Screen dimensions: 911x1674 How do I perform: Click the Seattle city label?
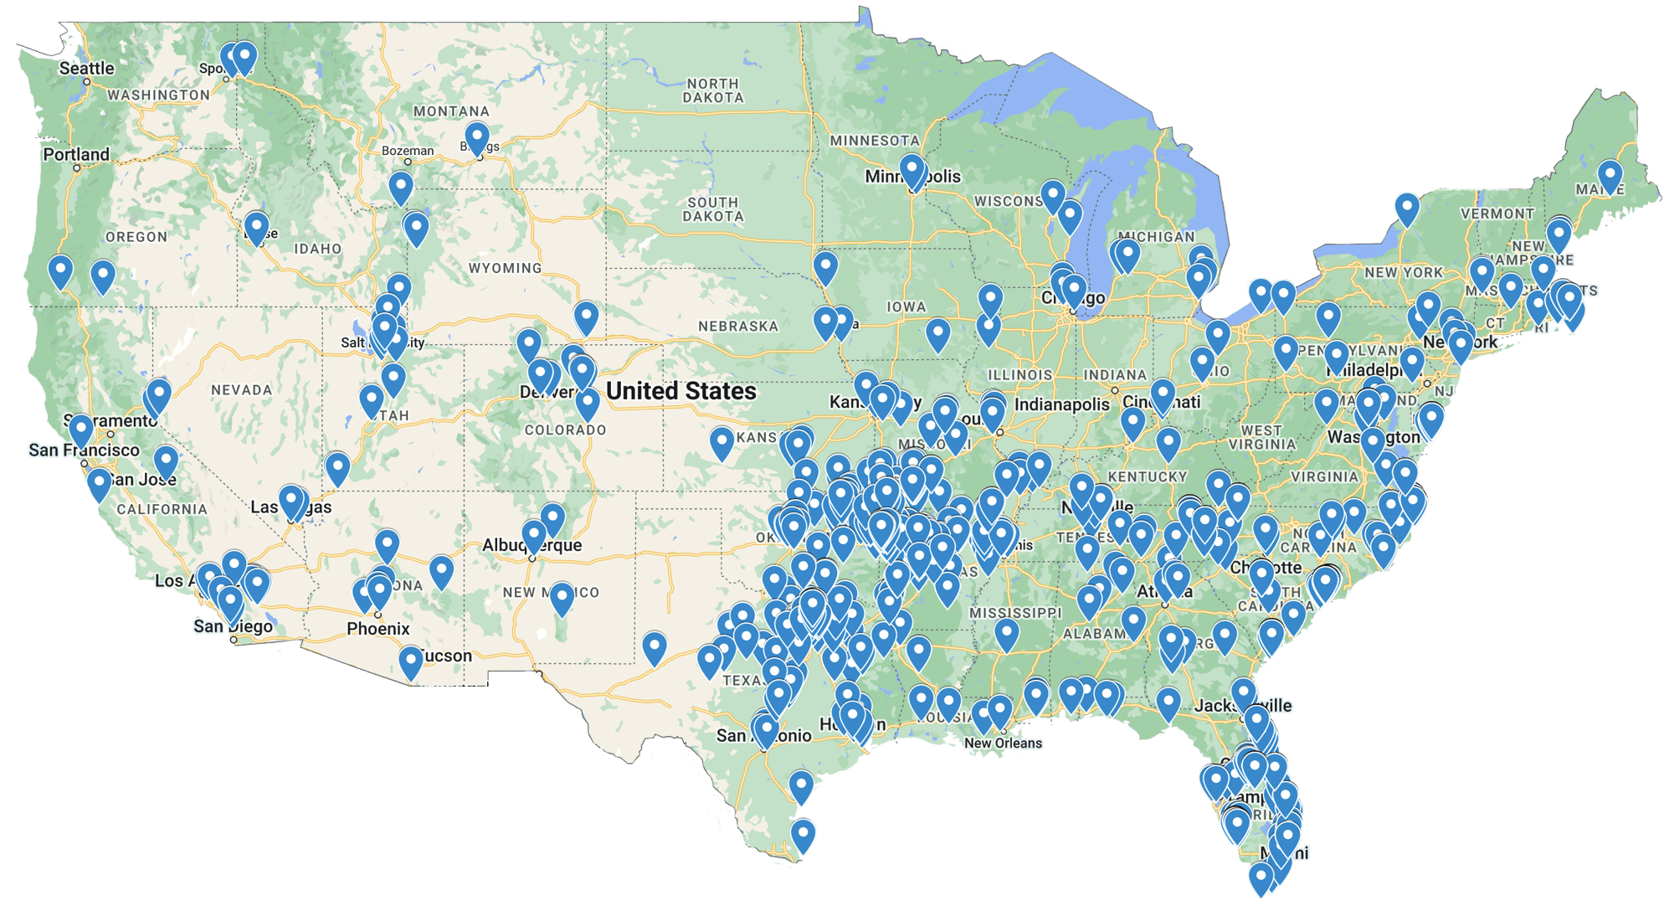tap(86, 69)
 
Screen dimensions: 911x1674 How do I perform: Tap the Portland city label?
tap(76, 155)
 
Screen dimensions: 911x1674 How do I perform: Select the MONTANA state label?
tap(451, 111)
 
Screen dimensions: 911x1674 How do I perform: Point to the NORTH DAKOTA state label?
tap(713, 90)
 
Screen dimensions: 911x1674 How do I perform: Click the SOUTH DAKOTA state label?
tap(713, 209)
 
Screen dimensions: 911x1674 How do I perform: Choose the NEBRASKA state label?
tap(738, 327)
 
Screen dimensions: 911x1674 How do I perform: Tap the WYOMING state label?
tap(505, 269)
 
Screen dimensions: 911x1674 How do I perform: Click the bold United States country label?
tap(681, 391)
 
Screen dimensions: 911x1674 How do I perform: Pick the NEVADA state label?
tap(241, 390)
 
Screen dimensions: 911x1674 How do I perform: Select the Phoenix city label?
tap(378, 629)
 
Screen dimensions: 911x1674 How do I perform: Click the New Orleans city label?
tap(1004, 744)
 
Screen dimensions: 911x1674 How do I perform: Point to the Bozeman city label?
tap(408, 151)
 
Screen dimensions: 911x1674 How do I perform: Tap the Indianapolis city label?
tap(1061, 405)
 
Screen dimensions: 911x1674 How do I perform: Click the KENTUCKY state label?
tap(1148, 477)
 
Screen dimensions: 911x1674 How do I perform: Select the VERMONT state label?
tap(1497, 214)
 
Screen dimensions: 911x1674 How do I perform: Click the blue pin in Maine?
tap(1610, 176)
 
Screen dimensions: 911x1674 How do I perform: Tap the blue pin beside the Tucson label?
tap(410, 661)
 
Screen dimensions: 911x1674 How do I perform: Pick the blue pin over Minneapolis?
tap(911, 170)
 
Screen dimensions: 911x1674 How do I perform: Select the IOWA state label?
tap(906, 307)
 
